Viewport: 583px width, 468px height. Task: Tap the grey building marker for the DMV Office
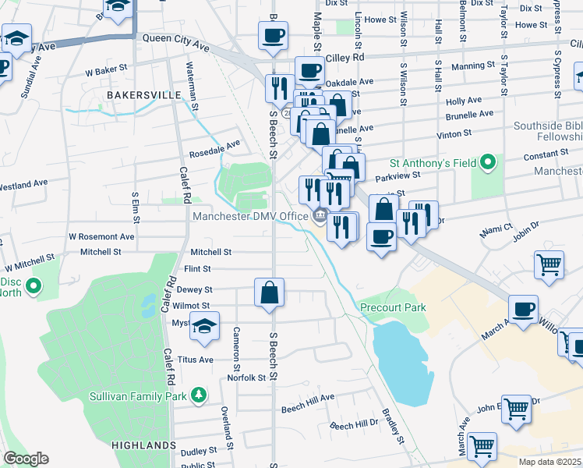point(319,216)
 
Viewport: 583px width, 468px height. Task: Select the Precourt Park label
point(393,307)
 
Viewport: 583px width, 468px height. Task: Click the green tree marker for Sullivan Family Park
point(200,395)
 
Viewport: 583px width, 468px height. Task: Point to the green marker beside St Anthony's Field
point(488,163)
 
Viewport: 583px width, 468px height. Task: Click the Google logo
point(26,458)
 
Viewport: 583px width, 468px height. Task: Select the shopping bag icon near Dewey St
point(269,293)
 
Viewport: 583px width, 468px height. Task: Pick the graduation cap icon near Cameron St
point(204,326)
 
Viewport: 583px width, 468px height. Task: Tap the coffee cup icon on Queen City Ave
point(273,36)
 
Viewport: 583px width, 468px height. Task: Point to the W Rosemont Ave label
point(101,236)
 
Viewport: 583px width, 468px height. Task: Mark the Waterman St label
point(189,80)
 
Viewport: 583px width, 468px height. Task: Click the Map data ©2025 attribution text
point(549,462)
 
